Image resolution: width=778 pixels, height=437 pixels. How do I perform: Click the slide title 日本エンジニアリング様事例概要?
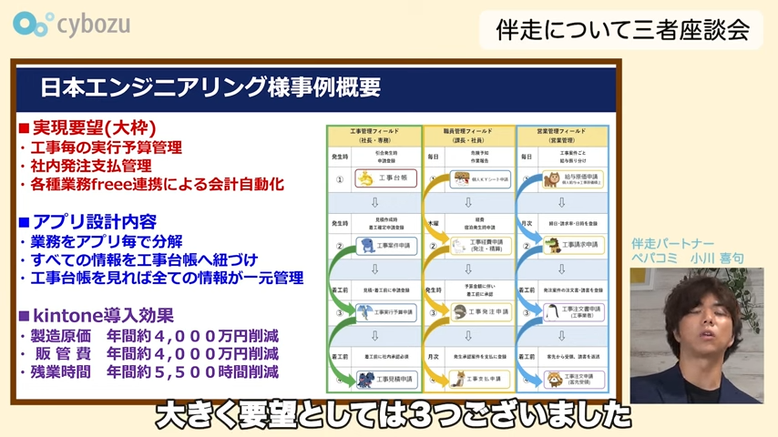click(x=210, y=88)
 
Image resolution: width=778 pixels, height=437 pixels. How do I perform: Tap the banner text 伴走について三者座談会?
click(x=621, y=29)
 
